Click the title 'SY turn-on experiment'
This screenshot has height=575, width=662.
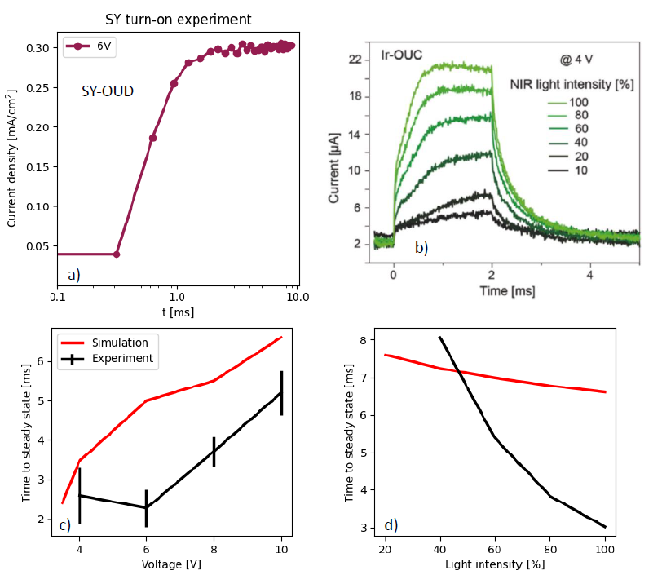tap(178, 19)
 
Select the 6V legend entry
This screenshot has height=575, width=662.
tap(104, 46)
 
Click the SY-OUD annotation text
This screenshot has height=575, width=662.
tap(108, 91)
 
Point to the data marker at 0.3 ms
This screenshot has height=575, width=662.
tap(117, 254)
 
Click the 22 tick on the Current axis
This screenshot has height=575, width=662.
tap(355, 60)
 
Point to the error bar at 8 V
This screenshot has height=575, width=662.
tap(214, 451)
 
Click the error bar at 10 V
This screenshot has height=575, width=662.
tap(281, 392)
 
